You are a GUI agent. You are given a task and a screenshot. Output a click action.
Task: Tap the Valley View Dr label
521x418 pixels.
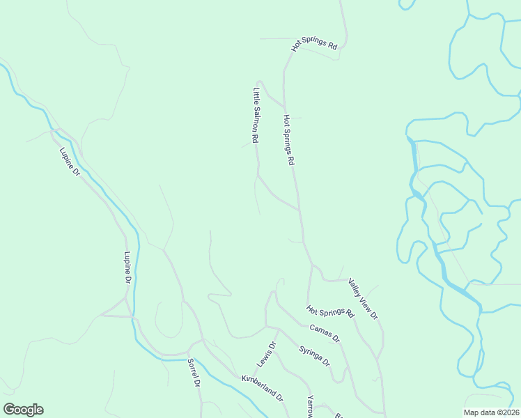click(x=363, y=300)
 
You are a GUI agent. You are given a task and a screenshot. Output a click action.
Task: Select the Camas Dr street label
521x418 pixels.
click(x=325, y=334)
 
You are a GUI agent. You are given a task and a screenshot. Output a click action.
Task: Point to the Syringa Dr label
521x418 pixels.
click(x=314, y=356)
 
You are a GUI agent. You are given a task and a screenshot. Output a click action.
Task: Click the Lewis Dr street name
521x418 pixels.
click(x=266, y=355)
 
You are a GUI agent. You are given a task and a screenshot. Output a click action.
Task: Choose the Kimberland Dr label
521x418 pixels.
click(x=262, y=389)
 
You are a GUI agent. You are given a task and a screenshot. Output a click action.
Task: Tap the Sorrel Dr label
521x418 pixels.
click(x=194, y=373)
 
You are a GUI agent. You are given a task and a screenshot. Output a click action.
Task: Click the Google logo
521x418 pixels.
click(x=23, y=410)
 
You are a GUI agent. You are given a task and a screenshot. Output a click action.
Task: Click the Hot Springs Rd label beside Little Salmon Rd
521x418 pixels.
click(x=289, y=139)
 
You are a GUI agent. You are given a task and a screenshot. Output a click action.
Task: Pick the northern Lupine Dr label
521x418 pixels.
click(x=70, y=162)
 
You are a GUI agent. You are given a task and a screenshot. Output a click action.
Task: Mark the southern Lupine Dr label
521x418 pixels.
click(x=128, y=268)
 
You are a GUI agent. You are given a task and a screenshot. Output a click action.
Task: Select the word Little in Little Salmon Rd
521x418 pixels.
click(x=256, y=95)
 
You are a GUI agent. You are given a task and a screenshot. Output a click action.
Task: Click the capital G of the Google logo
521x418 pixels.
click(x=9, y=410)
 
